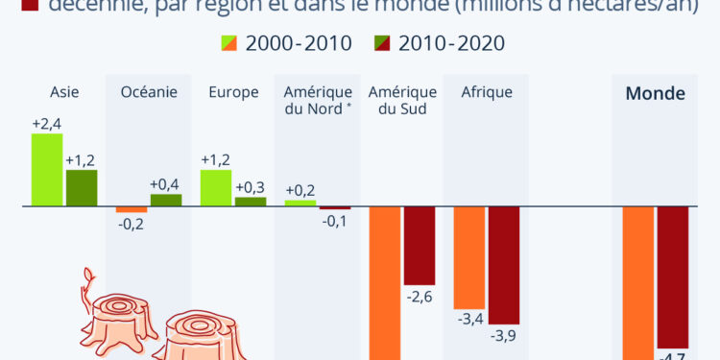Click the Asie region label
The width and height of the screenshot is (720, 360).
(x=64, y=93)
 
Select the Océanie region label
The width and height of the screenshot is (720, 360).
(x=149, y=93)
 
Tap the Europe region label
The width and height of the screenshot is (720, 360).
(x=233, y=93)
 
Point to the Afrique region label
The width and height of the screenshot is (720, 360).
(x=487, y=93)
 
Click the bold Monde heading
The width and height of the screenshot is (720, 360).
(x=655, y=94)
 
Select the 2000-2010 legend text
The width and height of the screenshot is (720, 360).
(x=299, y=44)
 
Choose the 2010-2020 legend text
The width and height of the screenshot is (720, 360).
(x=452, y=44)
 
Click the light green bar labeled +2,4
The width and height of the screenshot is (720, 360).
(x=47, y=169)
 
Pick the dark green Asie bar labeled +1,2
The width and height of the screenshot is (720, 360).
(x=82, y=187)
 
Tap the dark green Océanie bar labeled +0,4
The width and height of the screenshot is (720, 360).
(x=166, y=200)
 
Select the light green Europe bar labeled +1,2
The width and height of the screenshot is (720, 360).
(x=216, y=187)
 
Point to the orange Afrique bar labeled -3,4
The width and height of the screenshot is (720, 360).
(x=469, y=255)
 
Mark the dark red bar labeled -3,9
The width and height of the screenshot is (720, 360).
(x=504, y=264)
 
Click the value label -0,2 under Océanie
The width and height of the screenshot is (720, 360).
(x=132, y=224)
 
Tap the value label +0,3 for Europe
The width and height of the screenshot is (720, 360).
(x=250, y=187)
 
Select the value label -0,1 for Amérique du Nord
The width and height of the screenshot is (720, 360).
(x=335, y=221)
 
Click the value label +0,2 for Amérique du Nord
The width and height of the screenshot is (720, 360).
(x=300, y=190)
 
